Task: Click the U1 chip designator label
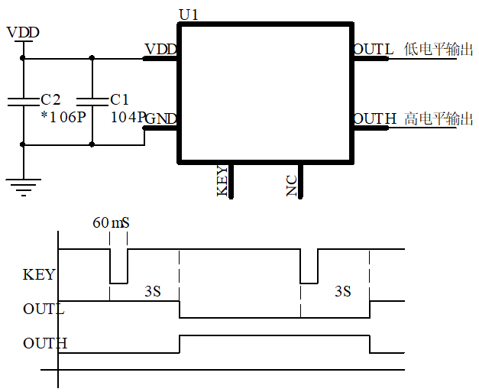(189, 15)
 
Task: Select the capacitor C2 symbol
(23, 100)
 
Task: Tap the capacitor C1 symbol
(92, 100)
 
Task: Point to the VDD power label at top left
(22, 33)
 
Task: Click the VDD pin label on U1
(160, 50)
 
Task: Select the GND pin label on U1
(161, 118)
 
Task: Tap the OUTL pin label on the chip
(373, 50)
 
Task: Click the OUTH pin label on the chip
(374, 119)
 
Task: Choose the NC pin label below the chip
(291, 186)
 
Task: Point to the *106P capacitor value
(63, 117)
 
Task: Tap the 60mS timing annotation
(112, 223)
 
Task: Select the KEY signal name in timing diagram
(39, 274)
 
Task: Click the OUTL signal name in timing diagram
(44, 309)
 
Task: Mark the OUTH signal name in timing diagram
(45, 343)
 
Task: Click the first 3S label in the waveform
(152, 291)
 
